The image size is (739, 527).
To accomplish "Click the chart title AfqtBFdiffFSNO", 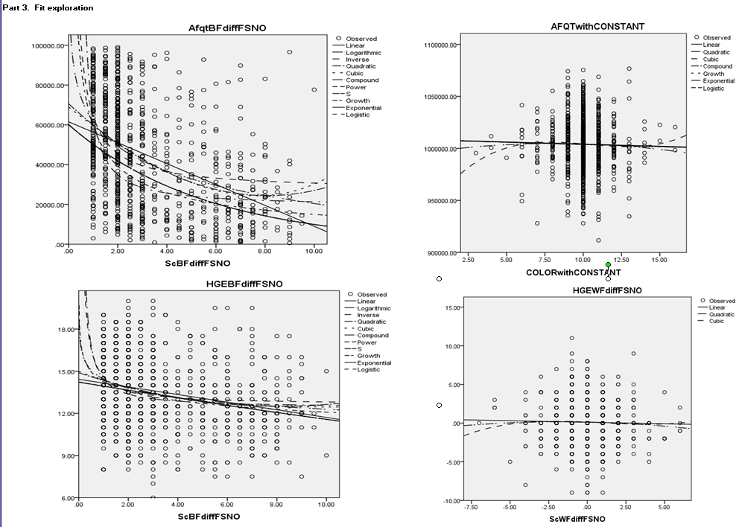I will tap(226, 28).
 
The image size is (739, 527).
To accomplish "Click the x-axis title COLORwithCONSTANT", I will tap(584, 272).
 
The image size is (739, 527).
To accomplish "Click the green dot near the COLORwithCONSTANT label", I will tap(608, 265).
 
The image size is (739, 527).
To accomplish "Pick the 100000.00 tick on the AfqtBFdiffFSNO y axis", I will tap(48, 46).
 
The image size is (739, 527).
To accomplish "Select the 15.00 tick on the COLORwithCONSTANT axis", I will tap(660, 259).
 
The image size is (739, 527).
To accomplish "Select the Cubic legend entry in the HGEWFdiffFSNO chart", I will tap(716, 321).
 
